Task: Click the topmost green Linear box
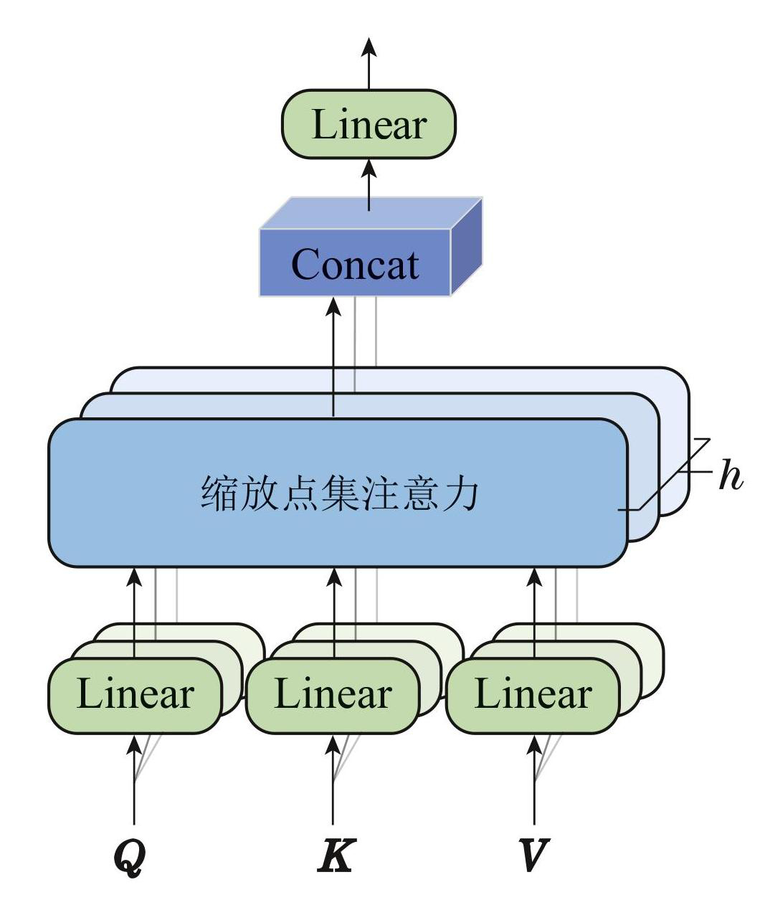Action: [x=369, y=124]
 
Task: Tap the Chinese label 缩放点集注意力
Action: [x=338, y=494]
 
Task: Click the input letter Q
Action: [x=130, y=856]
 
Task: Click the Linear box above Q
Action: [x=135, y=695]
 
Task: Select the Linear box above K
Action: [x=333, y=695]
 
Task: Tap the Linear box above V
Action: [x=533, y=695]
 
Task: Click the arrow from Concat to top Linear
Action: [x=369, y=184]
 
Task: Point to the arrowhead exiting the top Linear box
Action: [x=369, y=47]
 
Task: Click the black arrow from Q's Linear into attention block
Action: [x=134, y=610]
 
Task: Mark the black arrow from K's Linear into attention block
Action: [x=333, y=610]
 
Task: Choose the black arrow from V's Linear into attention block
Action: [x=534, y=610]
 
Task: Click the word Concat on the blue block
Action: [x=355, y=265]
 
